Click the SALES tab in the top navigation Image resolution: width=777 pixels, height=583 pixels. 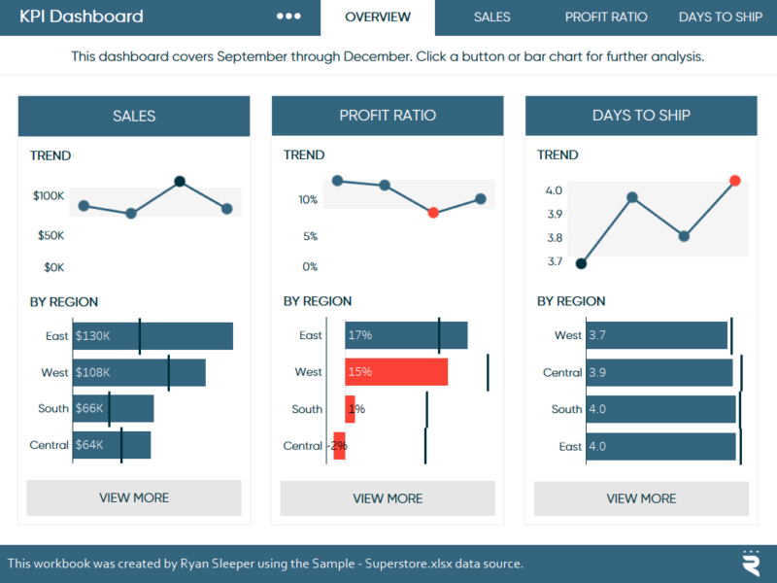click(491, 17)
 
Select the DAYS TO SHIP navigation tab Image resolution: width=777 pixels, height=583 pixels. click(720, 17)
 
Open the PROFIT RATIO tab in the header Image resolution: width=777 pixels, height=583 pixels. click(606, 17)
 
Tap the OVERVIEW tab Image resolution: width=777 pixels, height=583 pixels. click(378, 17)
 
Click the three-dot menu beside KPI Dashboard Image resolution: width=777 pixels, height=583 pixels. click(288, 17)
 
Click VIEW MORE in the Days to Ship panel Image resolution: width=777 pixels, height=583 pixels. click(641, 498)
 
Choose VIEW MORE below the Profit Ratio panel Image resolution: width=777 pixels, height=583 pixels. click(388, 498)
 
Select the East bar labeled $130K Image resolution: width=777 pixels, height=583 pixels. click(152, 336)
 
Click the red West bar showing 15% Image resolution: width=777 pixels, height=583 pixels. click(396, 372)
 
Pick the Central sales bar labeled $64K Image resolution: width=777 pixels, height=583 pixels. click(112, 445)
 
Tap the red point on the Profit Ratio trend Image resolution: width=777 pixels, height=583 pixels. click(433, 212)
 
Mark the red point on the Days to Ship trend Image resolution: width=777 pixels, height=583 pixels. click(735, 181)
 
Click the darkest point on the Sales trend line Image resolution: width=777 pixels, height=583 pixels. click(180, 181)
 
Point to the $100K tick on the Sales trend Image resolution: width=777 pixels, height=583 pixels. click(49, 196)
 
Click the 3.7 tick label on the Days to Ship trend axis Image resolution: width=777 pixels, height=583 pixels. click(555, 261)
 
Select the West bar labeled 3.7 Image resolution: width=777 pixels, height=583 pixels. click(657, 335)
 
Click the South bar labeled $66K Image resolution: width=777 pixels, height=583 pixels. click(114, 409)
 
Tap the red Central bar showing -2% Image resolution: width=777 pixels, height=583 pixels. click(339, 446)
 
